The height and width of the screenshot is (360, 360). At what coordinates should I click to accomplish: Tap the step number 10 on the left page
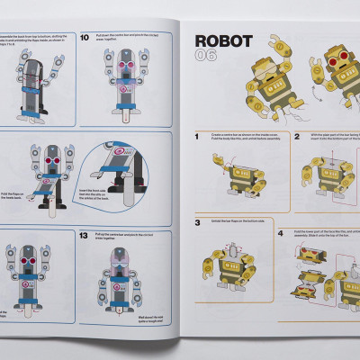[x=85, y=38]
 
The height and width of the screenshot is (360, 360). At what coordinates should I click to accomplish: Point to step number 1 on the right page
[x=197, y=136]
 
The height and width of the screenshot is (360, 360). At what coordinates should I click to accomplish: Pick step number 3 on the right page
[x=198, y=222]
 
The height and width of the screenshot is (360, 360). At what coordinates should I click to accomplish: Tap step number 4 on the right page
[x=280, y=233]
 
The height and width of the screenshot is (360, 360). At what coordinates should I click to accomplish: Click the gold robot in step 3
[x=231, y=262]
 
